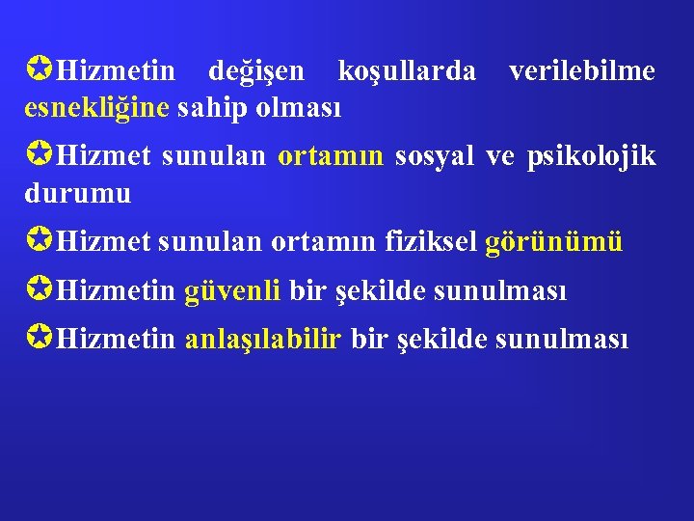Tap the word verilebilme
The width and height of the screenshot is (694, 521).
coord(582,71)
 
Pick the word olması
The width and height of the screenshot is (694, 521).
coord(298,107)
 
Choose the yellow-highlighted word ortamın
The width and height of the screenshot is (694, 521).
coord(331,156)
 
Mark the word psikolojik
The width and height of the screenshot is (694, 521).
coord(591,157)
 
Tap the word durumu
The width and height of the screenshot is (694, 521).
coord(77,192)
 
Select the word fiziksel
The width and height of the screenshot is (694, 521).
coord(430,241)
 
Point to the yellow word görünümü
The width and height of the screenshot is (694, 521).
coord(554,242)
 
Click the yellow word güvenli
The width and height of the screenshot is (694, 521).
coord(232,290)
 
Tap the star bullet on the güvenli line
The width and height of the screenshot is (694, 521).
coord(39,289)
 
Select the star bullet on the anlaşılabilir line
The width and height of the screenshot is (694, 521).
coord(39,338)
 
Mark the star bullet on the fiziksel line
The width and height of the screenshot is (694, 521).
coord(39,241)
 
